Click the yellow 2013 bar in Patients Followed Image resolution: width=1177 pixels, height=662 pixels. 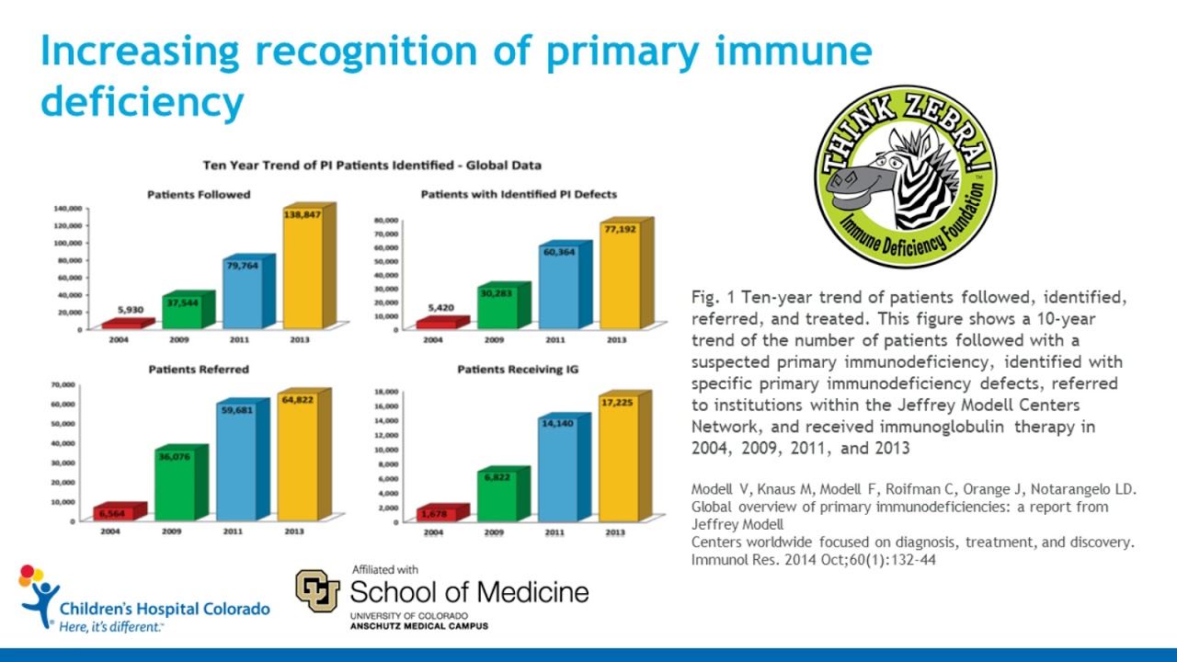(x=303, y=271)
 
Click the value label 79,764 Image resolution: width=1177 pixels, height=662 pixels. (x=242, y=267)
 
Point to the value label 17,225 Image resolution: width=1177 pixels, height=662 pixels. (x=616, y=402)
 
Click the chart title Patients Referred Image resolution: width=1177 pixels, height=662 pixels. (x=199, y=370)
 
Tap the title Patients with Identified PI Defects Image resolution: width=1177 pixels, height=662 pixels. (x=519, y=195)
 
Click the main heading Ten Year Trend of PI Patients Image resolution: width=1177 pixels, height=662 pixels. (x=371, y=165)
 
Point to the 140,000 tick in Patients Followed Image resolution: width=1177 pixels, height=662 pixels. (x=67, y=209)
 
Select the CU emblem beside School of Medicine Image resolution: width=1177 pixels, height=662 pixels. (x=317, y=591)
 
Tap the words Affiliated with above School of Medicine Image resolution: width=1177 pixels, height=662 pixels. (x=385, y=570)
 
